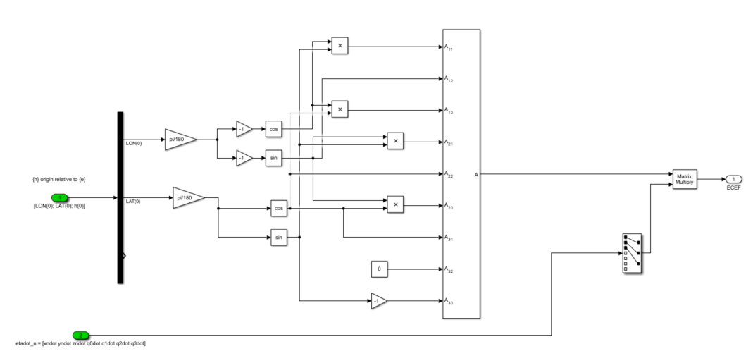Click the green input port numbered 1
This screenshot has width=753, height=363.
60,198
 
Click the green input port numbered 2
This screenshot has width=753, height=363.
80,335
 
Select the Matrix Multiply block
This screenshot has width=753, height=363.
683,179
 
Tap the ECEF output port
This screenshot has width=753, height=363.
733,179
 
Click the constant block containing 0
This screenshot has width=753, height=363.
379,269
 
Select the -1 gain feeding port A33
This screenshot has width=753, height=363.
379,301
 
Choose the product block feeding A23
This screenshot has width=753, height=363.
395,205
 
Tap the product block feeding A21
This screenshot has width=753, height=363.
395,141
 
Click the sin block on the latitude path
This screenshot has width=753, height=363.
279,238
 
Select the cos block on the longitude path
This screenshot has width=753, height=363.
273,130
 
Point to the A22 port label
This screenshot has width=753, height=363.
449,174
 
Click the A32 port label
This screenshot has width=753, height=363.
449,269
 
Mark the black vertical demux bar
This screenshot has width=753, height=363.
120,197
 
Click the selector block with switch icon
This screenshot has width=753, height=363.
632,252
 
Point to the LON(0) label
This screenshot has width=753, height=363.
132,143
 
